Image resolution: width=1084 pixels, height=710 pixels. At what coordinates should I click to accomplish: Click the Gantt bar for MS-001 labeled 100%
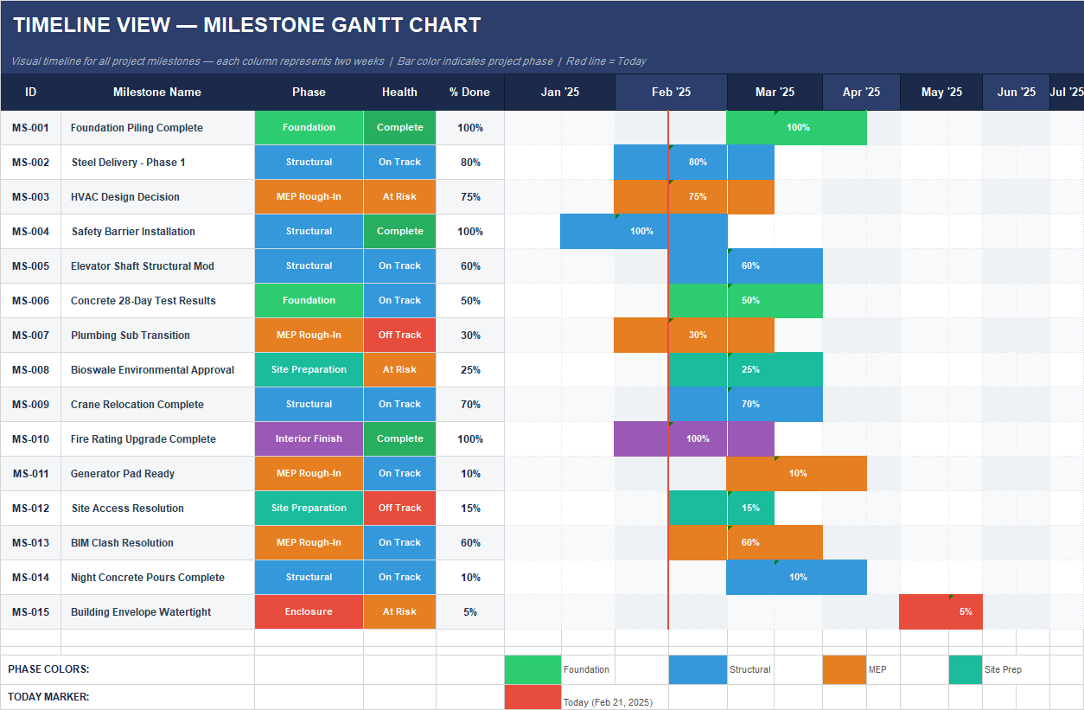click(x=796, y=128)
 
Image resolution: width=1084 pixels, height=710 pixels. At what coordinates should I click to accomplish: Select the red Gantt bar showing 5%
click(x=941, y=612)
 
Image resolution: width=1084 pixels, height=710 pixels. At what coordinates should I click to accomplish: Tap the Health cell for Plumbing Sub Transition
click(x=399, y=336)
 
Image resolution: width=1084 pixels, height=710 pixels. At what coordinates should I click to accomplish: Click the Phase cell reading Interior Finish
click(x=309, y=439)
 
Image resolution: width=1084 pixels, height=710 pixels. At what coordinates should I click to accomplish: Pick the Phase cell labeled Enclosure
click(x=309, y=612)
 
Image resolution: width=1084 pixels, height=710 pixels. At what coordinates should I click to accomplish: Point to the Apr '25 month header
click(x=860, y=93)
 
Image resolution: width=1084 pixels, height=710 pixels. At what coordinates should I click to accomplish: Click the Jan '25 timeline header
click(x=559, y=93)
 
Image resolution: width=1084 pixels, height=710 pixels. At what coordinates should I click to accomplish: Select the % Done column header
click(x=469, y=93)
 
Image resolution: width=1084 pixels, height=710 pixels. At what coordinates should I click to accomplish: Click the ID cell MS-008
click(x=30, y=370)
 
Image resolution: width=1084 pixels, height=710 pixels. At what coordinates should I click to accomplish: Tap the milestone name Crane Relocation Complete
click(x=137, y=405)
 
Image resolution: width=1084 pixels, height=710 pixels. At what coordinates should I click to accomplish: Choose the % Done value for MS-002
click(x=470, y=163)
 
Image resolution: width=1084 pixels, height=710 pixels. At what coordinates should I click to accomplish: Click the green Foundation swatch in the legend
click(x=532, y=670)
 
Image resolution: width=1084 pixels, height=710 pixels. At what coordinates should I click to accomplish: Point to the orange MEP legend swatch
click(x=844, y=670)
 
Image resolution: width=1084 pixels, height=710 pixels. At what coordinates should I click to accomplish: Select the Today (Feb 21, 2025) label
click(x=608, y=702)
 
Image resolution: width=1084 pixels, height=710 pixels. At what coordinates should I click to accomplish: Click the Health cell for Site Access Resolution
click(x=399, y=509)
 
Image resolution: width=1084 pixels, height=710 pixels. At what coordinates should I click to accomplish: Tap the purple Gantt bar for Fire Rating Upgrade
click(x=693, y=439)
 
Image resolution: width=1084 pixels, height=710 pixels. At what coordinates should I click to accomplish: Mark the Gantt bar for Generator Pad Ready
click(x=796, y=474)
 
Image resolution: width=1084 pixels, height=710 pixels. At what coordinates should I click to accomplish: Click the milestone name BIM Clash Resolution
click(x=122, y=543)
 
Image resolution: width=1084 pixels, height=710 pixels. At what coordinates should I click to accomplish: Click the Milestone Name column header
click(x=157, y=93)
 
